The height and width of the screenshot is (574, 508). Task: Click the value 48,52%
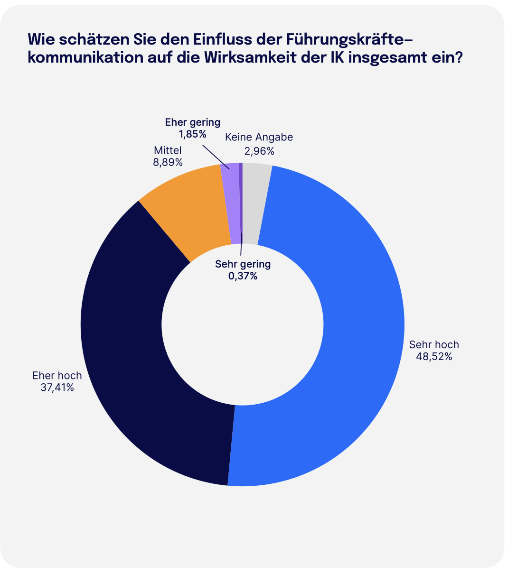click(433, 356)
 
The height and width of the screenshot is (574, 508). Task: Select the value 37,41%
click(57, 388)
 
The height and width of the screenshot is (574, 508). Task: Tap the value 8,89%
click(167, 162)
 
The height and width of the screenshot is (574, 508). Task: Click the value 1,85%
click(192, 134)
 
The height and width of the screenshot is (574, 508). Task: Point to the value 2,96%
click(259, 151)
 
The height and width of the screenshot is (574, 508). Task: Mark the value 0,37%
click(243, 276)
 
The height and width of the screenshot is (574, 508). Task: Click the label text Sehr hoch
click(434, 344)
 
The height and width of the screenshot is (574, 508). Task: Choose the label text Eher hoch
click(57, 376)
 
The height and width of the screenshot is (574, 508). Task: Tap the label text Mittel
click(168, 150)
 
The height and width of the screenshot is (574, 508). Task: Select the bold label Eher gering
click(192, 122)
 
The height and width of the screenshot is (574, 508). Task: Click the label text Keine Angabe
click(259, 138)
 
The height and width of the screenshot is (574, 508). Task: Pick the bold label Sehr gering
click(243, 264)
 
